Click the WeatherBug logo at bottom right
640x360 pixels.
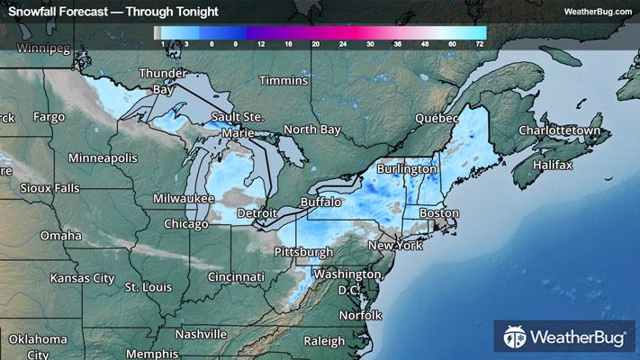pyautogui.click(x=563, y=338)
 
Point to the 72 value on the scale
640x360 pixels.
pyautogui.click(x=480, y=43)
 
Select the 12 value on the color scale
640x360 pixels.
pyautogui.click(x=260, y=43)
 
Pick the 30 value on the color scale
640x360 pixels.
pyautogui.click(x=370, y=43)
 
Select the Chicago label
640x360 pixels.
pyautogui.click(x=186, y=223)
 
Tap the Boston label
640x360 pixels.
pyautogui.click(x=439, y=213)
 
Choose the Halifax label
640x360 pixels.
pyautogui.click(x=552, y=166)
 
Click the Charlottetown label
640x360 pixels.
pyautogui.click(x=558, y=130)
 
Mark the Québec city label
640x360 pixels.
pyautogui.click(x=437, y=118)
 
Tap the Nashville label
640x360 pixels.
pyautogui.click(x=201, y=334)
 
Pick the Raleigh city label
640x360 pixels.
pyautogui.click(x=324, y=341)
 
